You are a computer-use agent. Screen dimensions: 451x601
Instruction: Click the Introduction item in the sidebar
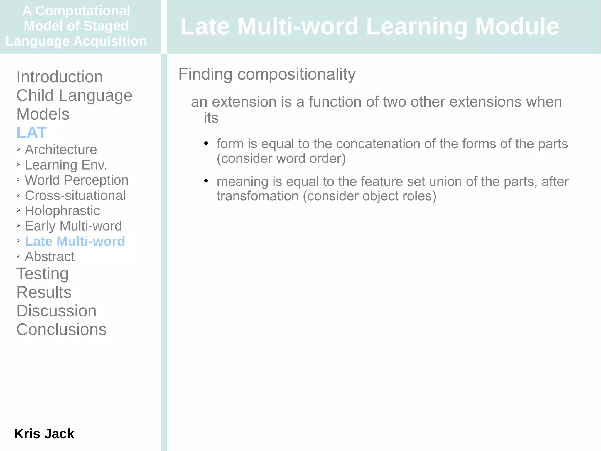coord(60,77)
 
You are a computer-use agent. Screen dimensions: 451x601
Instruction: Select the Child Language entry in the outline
coord(74,95)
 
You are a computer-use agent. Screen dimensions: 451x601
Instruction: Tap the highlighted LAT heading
coord(32,133)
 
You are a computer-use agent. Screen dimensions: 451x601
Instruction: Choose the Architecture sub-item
coord(61,150)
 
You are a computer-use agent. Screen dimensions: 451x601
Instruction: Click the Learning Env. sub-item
coord(66,165)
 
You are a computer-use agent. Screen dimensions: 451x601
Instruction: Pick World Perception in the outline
coord(77,180)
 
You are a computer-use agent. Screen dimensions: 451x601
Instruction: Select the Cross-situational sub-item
coord(75,196)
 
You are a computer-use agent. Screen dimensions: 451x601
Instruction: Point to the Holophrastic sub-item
coord(62,211)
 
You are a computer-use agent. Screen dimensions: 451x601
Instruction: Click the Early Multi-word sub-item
coord(73,226)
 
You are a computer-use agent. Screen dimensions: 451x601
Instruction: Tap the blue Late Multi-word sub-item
coord(75,242)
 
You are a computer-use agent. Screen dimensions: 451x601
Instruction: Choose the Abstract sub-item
coord(50,257)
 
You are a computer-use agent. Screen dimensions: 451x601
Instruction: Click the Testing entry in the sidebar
coord(43,274)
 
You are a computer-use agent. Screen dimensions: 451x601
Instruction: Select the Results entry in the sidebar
coord(44,292)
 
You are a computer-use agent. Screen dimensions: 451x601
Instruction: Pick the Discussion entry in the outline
coord(56,311)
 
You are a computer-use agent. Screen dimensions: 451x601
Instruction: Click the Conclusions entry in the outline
coord(61,330)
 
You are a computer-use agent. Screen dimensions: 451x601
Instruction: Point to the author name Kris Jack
coord(44,434)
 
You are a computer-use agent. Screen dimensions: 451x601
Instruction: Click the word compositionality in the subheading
coord(296,74)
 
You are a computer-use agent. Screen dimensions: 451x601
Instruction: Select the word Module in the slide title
coord(517,26)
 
